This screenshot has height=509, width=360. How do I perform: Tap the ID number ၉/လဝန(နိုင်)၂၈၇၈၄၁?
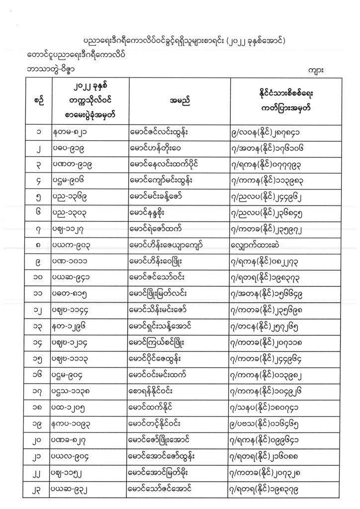tap(269, 132)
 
